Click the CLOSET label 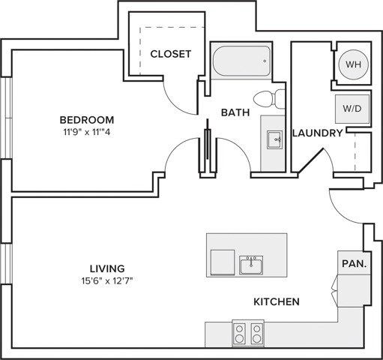click(171, 54)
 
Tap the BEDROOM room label click(87, 120)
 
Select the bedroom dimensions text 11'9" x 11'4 click(87, 132)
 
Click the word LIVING click(107, 268)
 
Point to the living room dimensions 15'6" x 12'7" click(107, 281)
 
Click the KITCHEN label click(277, 301)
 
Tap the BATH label click(235, 112)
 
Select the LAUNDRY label click(318, 133)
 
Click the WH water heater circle click(353, 64)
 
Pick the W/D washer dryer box click(352, 109)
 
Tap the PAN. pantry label click(354, 263)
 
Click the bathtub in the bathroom click(241, 61)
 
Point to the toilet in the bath click(269, 99)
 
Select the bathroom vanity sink click(274, 139)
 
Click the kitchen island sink click(251, 265)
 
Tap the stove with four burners click(248, 333)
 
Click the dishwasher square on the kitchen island click(223, 262)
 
